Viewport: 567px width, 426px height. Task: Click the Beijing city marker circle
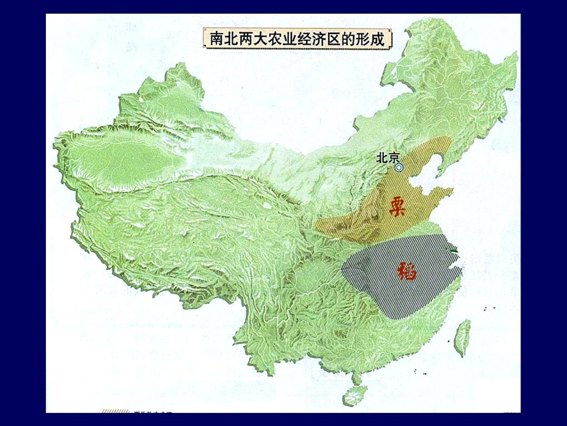coord(399,168)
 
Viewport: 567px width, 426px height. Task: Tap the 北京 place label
coord(387,158)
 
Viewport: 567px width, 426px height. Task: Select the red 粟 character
coord(398,206)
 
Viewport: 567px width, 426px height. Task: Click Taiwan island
coord(463,337)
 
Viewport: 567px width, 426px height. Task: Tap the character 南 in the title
coord(217,39)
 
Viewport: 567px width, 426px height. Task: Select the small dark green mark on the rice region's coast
coord(455,251)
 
